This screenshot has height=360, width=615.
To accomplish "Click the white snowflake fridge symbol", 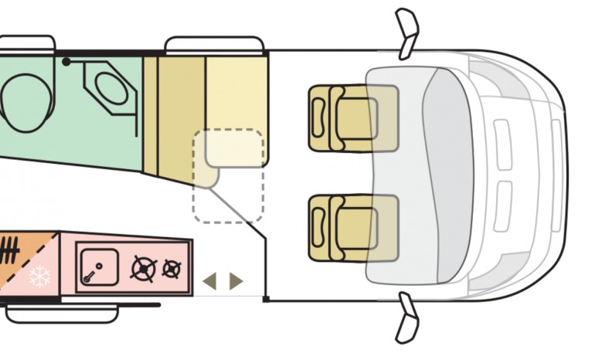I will (x=39, y=277).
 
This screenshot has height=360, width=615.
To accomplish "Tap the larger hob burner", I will (x=144, y=269).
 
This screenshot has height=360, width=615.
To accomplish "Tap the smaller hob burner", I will (x=172, y=269).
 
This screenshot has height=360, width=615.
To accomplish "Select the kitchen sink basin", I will (x=98, y=267).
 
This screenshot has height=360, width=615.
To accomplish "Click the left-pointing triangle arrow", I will (x=209, y=281).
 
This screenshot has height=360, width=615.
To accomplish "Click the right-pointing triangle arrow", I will (x=236, y=281).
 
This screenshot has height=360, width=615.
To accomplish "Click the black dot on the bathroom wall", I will (x=67, y=60).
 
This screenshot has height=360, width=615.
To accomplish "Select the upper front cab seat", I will (x=352, y=118).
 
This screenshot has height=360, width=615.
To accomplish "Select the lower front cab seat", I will (x=352, y=228).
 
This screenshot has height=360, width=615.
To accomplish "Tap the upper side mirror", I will (x=406, y=32).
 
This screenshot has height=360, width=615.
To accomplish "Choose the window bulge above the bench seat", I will (x=214, y=44).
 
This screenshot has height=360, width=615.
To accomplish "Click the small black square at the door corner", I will (x=265, y=299).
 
